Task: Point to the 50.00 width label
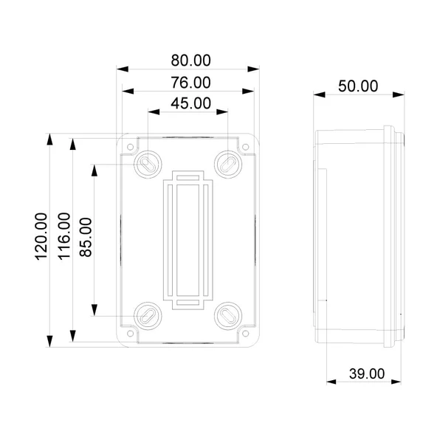[358, 86]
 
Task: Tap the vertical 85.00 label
[86, 237]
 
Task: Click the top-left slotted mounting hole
[147, 162]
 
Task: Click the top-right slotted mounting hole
[227, 162]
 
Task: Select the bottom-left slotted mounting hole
[147, 316]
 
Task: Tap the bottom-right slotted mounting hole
[227, 316]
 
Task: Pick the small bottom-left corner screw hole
[131, 332]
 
